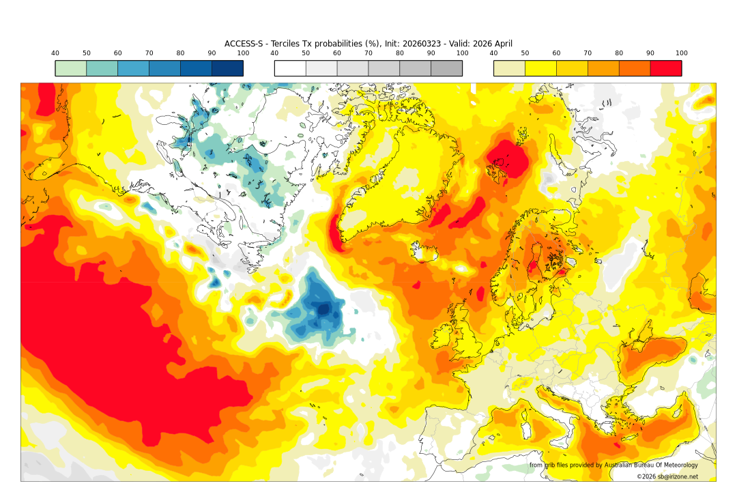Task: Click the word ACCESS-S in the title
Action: click(x=245, y=44)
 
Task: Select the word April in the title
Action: click(x=502, y=44)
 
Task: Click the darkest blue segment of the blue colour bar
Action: click(x=227, y=68)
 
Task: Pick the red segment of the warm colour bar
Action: click(x=665, y=68)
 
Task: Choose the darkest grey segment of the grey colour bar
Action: click(x=446, y=68)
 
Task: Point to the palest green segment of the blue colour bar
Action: click(x=71, y=68)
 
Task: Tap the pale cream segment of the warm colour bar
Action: click(x=509, y=68)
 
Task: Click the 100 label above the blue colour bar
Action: click(x=243, y=53)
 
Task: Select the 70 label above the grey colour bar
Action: click(x=369, y=53)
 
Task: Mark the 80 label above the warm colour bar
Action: click(x=619, y=53)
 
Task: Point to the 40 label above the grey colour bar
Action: click(x=274, y=53)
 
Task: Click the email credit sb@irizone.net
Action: click(x=667, y=476)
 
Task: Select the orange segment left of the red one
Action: click(x=634, y=68)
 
